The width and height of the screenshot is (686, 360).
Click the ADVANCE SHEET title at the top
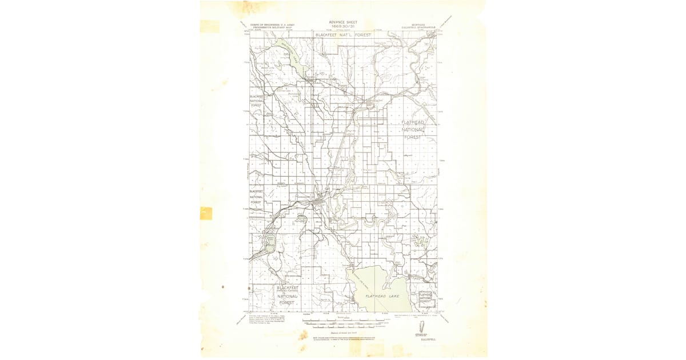pyautogui.click(x=343, y=22)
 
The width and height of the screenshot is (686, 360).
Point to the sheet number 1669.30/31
pyautogui.click(x=343, y=26)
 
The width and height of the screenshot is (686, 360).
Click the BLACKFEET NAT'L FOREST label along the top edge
pyautogui.click(x=343, y=35)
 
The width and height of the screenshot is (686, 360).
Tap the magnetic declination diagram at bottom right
pyautogui.click(x=422, y=326)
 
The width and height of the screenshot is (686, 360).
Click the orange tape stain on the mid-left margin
pyautogui.click(x=206, y=213)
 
